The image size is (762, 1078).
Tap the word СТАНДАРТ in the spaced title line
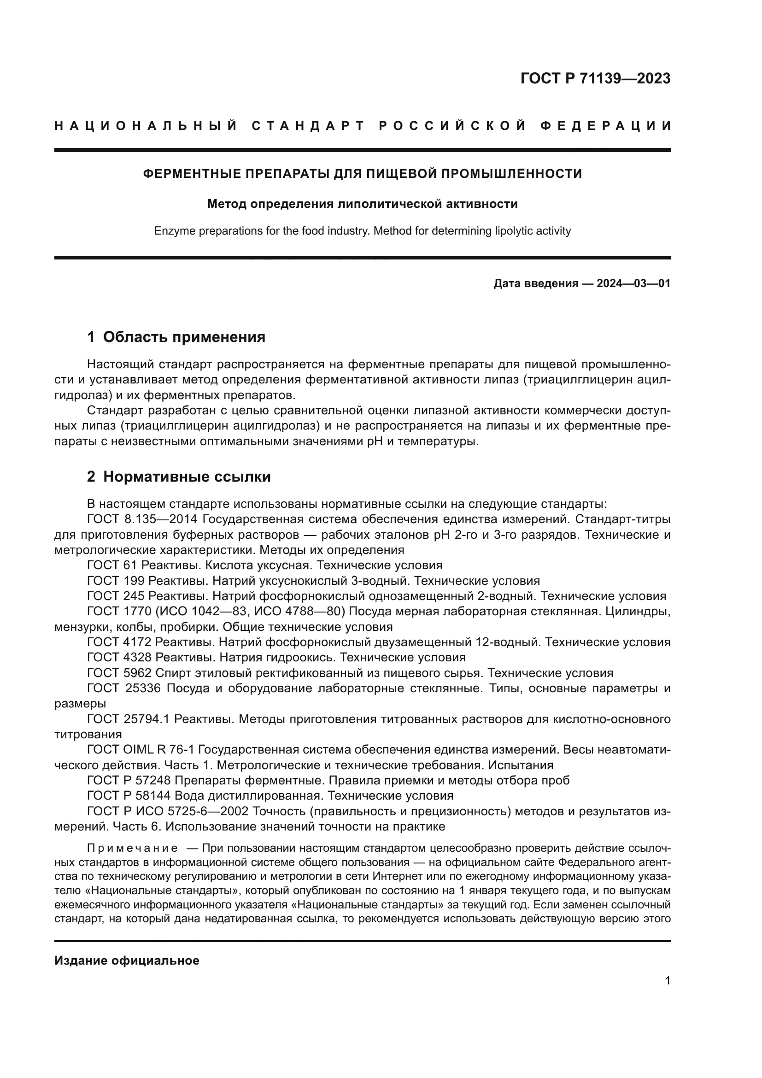(x=308, y=126)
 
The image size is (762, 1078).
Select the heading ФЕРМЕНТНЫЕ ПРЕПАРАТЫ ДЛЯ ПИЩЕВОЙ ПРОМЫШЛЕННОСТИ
(x=362, y=174)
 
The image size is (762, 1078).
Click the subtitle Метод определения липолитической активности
(x=362, y=204)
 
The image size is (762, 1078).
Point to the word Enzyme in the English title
(x=174, y=231)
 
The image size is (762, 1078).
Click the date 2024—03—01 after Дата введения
(x=633, y=283)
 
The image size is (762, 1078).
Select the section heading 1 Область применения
(x=176, y=336)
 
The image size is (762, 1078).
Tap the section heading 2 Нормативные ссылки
(x=179, y=477)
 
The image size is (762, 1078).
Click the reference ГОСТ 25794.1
(x=128, y=719)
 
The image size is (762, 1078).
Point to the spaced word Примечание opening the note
(x=132, y=848)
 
